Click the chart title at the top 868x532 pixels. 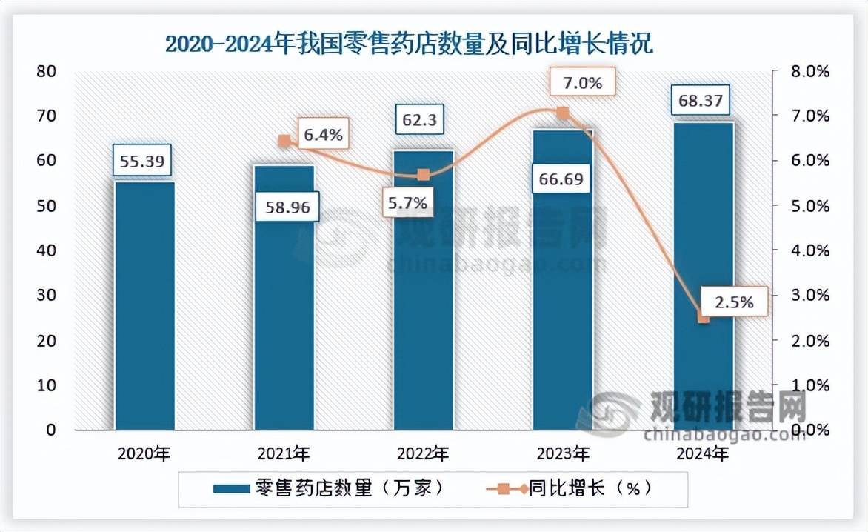pyautogui.click(x=408, y=44)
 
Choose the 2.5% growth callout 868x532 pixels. pyautogui.click(x=735, y=302)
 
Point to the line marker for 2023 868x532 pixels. pyautogui.click(x=562, y=113)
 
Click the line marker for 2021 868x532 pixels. pyautogui.click(x=284, y=141)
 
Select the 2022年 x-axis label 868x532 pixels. pyautogui.click(x=423, y=453)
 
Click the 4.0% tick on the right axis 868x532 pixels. pyautogui.click(x=809, y=250)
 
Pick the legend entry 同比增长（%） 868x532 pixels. pyautogui.click(x=570, y=489)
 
